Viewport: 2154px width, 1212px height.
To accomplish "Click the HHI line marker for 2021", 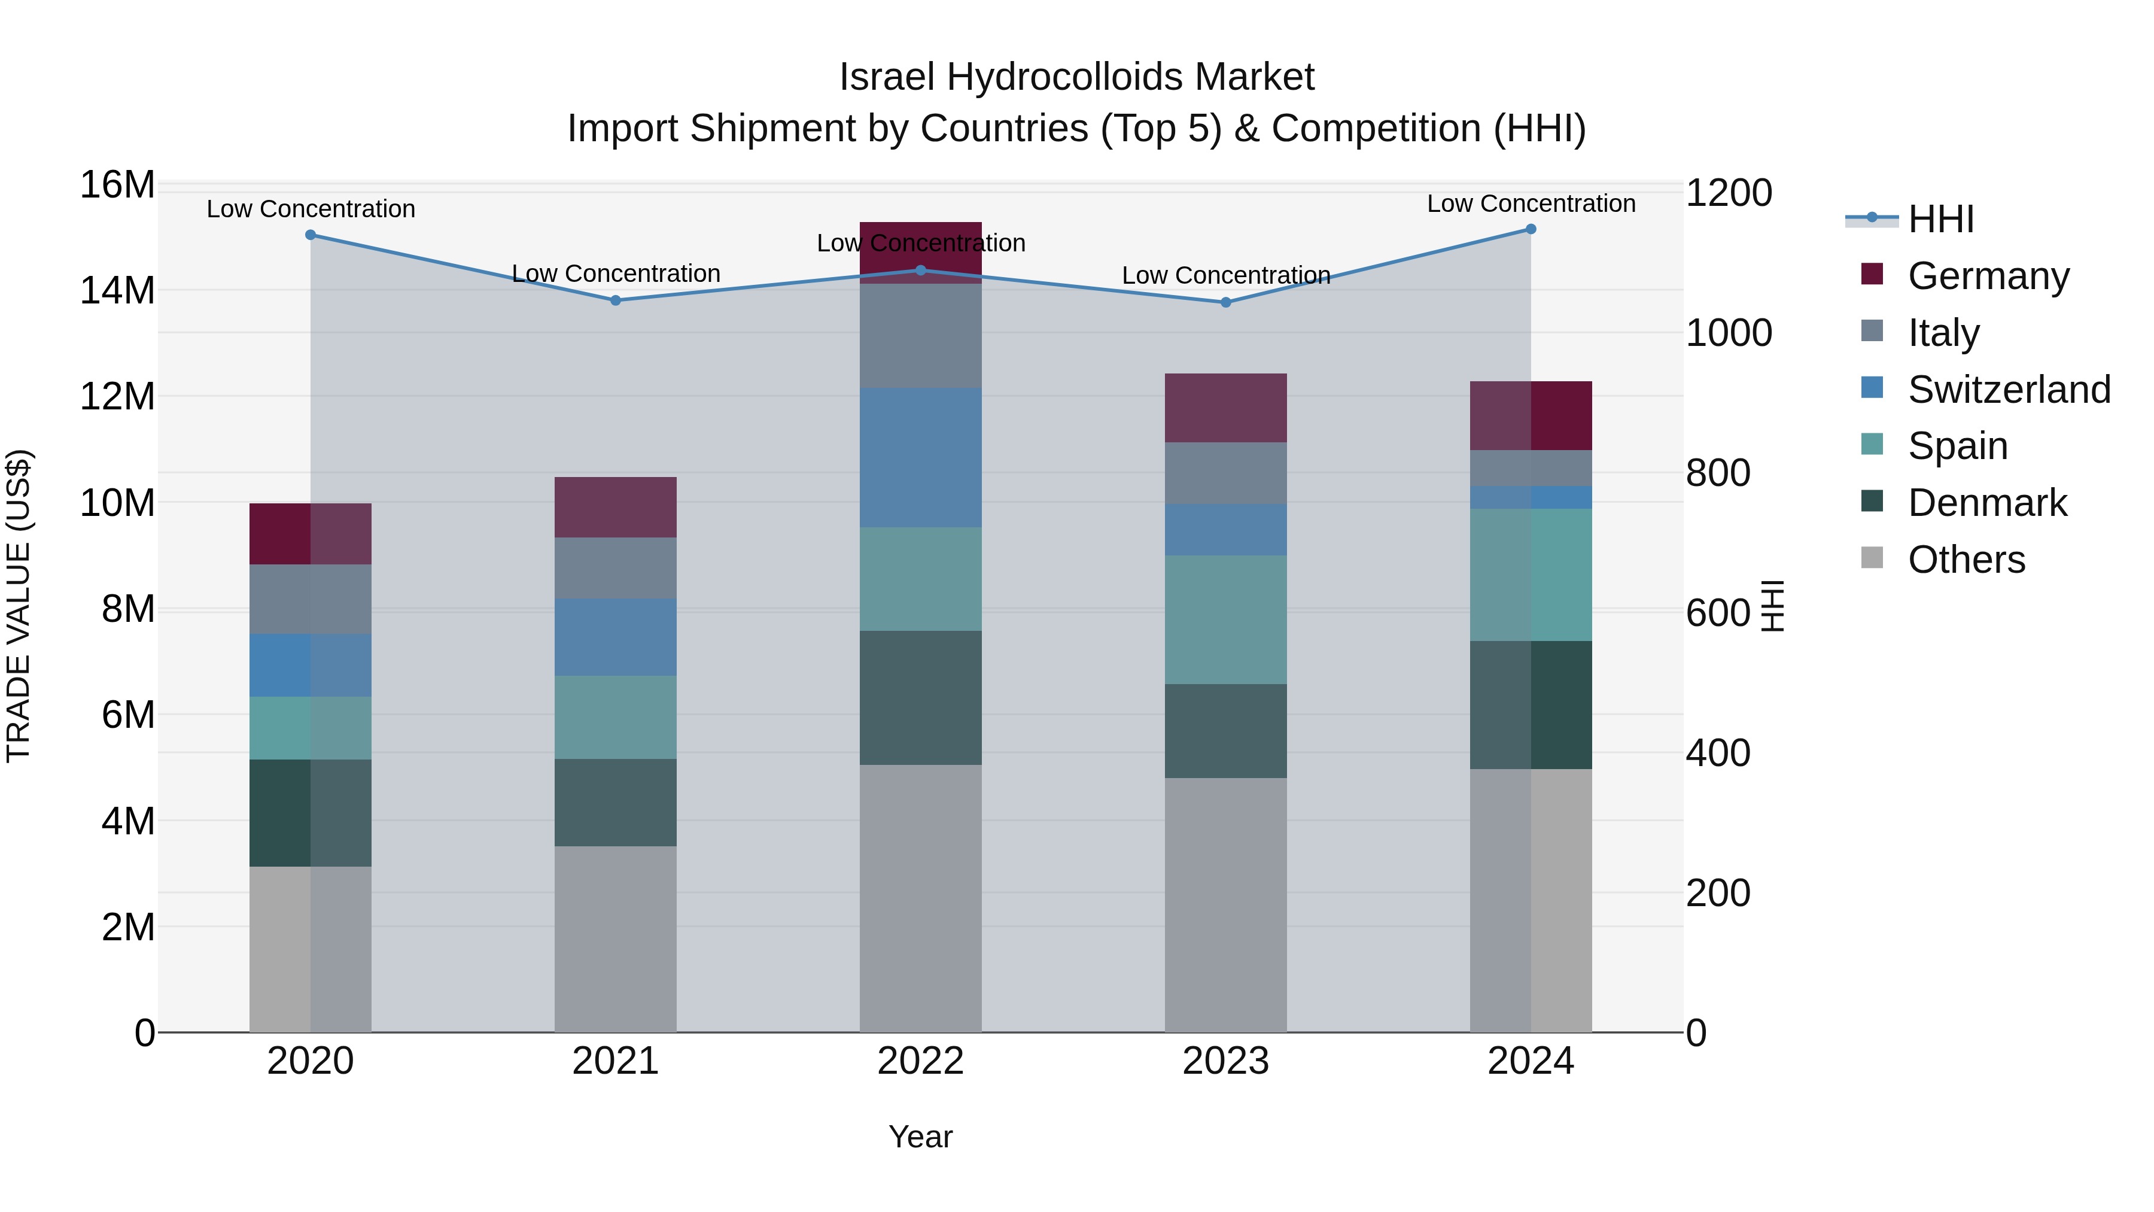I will coord(616,300).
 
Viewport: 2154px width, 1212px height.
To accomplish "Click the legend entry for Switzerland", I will coord(2009,390).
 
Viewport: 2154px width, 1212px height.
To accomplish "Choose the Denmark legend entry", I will coord(1986,503).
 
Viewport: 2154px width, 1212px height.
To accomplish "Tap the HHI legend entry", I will coord(1940,219).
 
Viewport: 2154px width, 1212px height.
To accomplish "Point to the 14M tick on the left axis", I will coord(117,291).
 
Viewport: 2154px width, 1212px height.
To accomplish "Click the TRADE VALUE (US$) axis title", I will coord(19,606).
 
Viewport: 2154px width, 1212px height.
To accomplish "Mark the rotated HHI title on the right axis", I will coord(1773,606).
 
